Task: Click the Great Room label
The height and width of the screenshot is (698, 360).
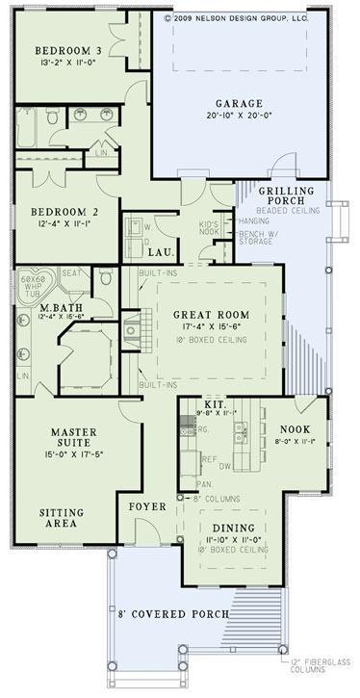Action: [x=211, y=314]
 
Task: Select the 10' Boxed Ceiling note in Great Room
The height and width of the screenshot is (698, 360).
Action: [x=211, y=339]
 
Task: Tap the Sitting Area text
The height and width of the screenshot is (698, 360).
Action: [x=60, y=519]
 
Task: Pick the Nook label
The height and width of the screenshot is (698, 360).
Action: [x=293, y=429]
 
